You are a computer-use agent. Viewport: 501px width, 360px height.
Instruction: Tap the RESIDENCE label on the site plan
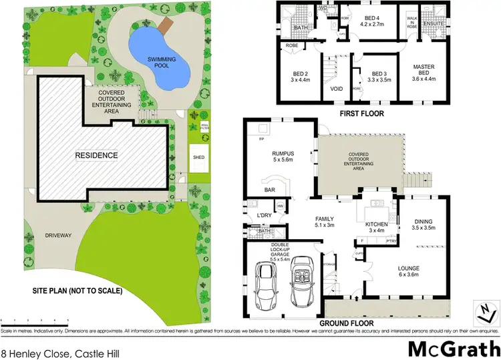[96, 156]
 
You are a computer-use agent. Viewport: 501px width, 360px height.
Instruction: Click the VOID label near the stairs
[337, 87]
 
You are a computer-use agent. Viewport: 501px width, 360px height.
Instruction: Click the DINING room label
[424, 222]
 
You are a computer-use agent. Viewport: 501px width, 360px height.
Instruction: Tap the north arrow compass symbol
[487, 308]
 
